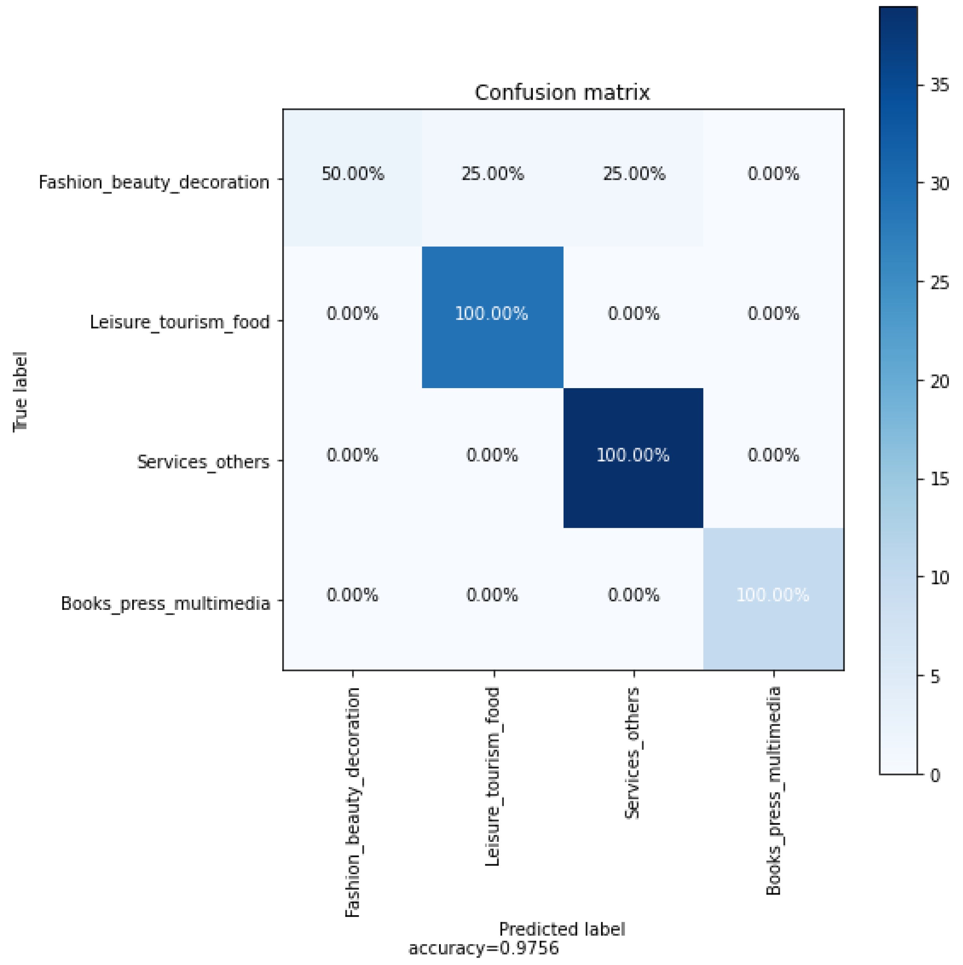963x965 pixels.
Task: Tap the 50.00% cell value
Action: pos(353,174)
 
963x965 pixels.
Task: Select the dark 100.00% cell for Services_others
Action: pos(633,455)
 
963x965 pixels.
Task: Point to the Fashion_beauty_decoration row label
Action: pos(154,182)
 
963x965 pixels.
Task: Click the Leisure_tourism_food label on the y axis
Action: pos(180,322)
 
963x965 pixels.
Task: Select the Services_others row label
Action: pos(203,462)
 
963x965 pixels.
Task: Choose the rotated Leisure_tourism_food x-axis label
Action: pos(492,777)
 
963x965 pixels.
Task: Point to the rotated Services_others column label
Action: pos(633,753)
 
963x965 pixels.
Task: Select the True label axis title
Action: pos(21,392)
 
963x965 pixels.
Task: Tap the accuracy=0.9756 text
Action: pos(483,948)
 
